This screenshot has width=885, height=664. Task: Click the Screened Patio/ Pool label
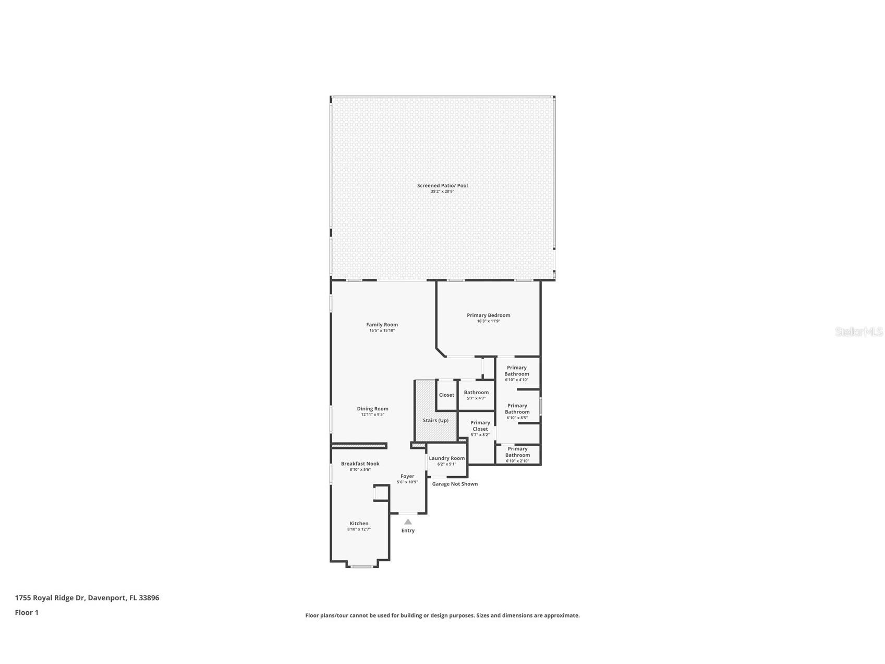tap(442, 185)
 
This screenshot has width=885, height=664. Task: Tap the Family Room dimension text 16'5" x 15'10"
tap(382, 330)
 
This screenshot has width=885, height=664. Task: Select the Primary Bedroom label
tap(488, 315)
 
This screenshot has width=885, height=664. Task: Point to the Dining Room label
tap(372, 409)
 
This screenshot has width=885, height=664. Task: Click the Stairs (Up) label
tap(435, 420)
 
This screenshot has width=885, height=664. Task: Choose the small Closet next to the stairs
tap(446, 395)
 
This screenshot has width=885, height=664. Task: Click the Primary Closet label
tap(480, 426)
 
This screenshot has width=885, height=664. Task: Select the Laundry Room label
tap(446, 458)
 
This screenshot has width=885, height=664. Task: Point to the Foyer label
tap(407, 476)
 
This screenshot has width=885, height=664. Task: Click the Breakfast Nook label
tap(360, 464)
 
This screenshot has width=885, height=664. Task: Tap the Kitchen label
tap(359, 524)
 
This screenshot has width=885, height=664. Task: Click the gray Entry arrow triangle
tap(408, 521)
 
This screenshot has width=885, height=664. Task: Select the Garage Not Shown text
tap(455, 484)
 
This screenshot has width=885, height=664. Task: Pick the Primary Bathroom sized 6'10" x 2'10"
tap(517, 452)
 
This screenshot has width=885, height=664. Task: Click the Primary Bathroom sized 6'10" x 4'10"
tap(516, 371)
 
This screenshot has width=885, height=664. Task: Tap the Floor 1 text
tap(27, 613)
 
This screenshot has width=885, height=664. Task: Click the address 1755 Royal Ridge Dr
tap(87, 598)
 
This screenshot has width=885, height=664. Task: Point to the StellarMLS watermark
tap(858, 331)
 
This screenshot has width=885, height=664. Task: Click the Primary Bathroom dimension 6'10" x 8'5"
tap(517, 418)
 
